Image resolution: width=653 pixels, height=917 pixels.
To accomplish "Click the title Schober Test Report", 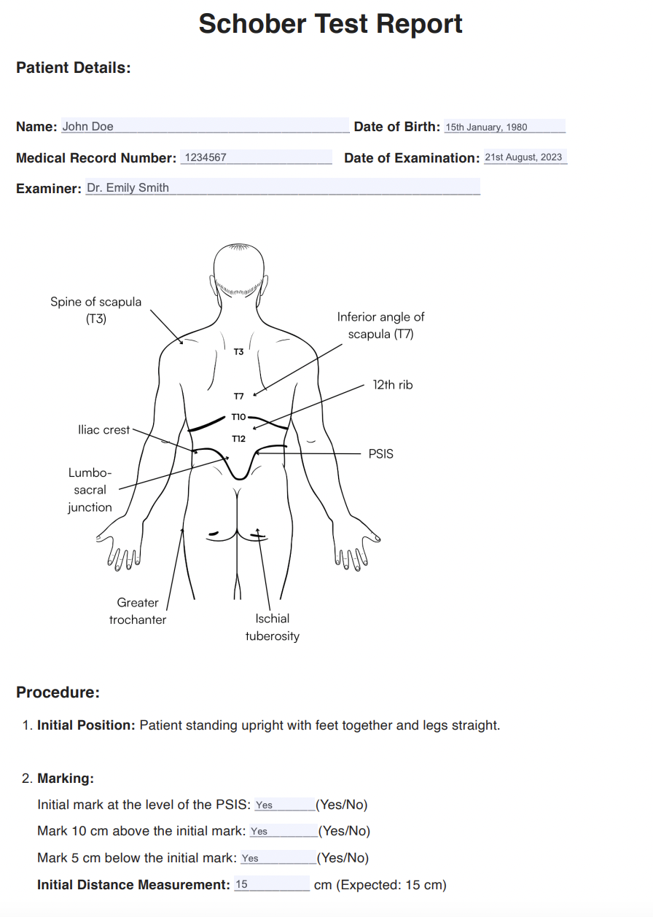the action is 330,24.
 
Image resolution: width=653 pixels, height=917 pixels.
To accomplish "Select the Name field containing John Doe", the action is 205,125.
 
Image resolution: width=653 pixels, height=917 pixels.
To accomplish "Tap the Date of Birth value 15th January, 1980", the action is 504,127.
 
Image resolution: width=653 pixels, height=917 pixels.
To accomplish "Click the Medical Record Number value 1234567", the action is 256,157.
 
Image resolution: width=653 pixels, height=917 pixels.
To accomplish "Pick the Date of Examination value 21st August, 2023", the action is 525,157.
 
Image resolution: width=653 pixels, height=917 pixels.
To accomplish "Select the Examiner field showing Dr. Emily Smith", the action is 283,187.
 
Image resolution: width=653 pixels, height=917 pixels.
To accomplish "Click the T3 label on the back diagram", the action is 238,351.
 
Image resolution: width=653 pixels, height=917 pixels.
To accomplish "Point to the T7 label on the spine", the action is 239,396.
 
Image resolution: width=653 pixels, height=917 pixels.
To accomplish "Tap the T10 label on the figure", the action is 239,417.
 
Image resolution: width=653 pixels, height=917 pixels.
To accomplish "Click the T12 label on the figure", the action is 239,439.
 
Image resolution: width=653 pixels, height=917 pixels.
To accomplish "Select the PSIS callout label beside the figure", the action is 380,454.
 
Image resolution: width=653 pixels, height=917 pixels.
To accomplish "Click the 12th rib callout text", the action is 393,385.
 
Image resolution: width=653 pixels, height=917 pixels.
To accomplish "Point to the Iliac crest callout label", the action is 103,430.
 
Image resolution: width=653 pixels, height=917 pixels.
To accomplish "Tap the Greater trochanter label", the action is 138,611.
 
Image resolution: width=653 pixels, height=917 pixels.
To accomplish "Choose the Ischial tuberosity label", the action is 273,627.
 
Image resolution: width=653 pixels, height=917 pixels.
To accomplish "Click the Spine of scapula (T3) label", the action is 95,310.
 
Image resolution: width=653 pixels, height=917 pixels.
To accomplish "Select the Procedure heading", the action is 58,692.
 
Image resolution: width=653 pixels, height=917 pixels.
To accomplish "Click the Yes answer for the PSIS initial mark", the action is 264,805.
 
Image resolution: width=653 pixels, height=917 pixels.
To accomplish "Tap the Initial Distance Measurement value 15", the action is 241,884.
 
